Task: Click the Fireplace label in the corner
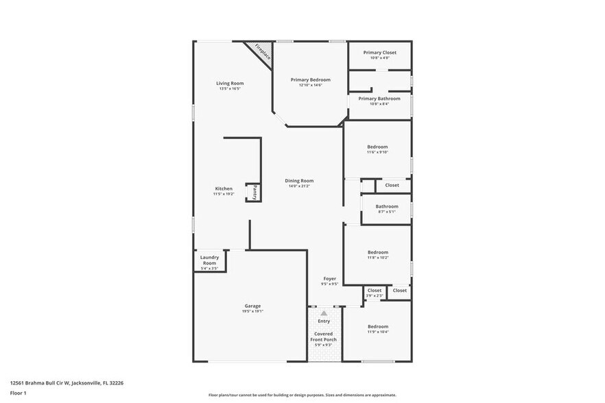coord(262,52)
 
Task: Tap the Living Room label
coord(230,84)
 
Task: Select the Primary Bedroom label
coord(310,80)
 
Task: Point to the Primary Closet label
coord(379,53)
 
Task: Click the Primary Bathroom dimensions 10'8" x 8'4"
coord(379,104)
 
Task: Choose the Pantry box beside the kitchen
coord(254,192)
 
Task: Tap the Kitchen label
coord(224,188)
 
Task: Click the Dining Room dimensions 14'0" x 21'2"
coord(298,186)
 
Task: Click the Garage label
coord(252,306)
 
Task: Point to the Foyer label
coord(330,278)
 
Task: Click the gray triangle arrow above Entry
coord(324,313)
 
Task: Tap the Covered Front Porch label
coord(324,337)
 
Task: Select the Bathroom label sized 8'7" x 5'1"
coord(387,206)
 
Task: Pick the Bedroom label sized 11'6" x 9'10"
coord(377,147)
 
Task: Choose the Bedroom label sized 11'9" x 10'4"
coord(377,326)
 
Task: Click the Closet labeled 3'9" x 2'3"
coord(375,291)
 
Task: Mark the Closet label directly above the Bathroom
coord(392,185)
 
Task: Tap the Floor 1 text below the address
coord(18,393)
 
